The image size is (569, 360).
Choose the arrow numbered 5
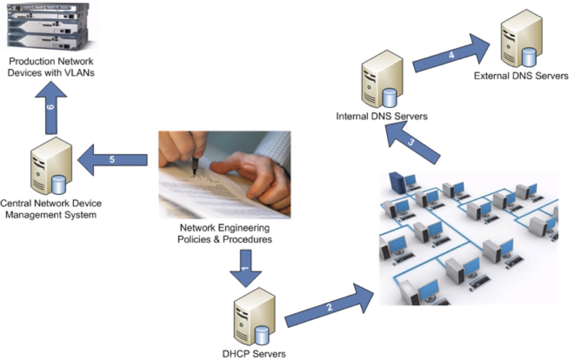[x=113, y=160]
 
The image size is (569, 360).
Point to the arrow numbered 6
[x=51, y=108]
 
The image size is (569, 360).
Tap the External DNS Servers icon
[x=520, y=40]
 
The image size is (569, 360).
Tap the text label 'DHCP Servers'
[x=254, y=354]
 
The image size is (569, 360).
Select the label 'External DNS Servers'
[x=521, y=76]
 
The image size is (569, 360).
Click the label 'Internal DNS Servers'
[x=382, y=116]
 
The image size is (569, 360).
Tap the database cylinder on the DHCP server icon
[x=262, y=333]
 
